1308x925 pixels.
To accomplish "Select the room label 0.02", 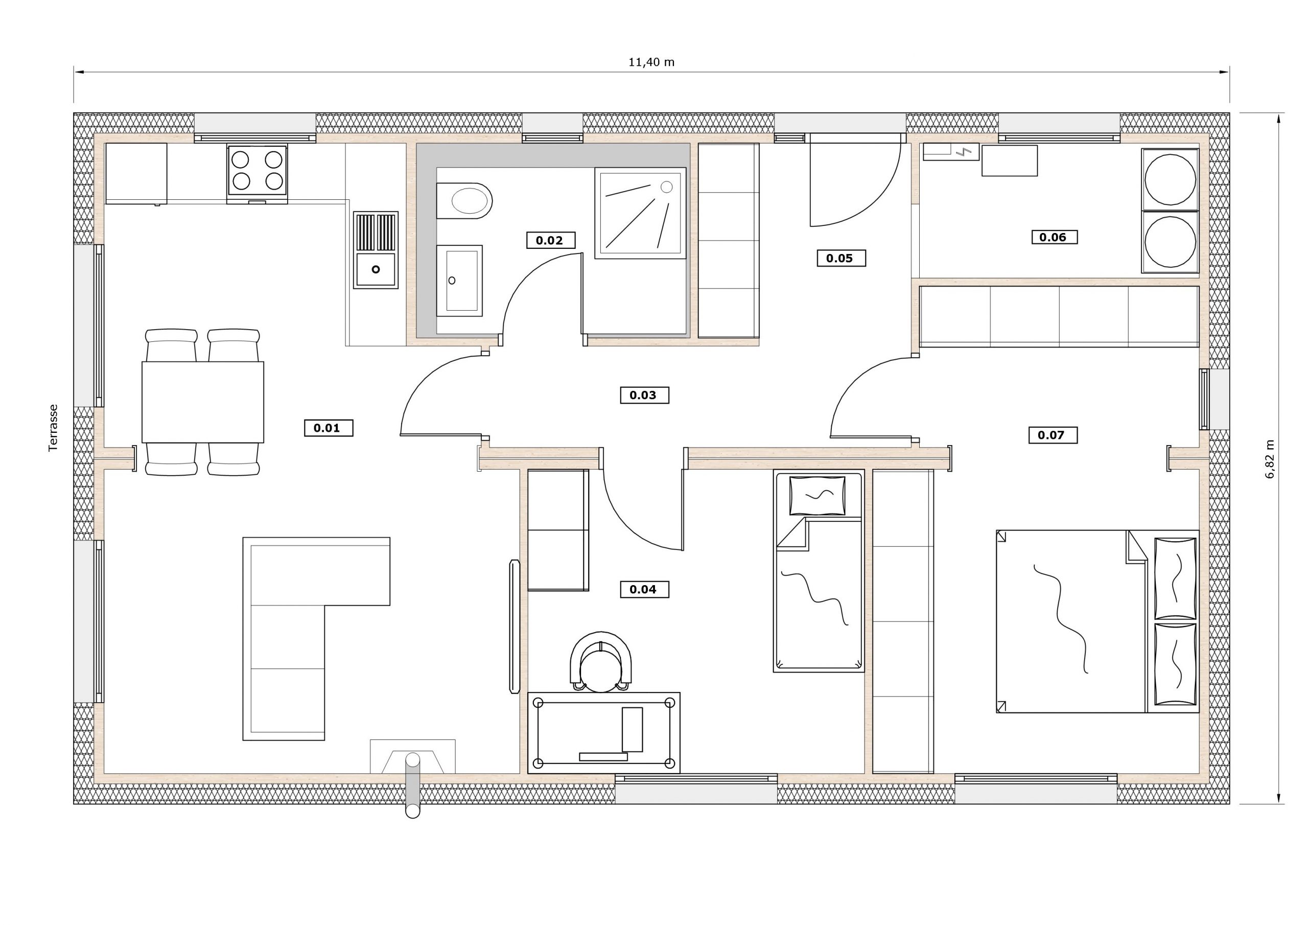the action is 550,240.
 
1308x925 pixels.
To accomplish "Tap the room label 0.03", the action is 644,395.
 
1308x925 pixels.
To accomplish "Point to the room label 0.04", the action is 644,589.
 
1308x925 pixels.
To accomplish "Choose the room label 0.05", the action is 841,258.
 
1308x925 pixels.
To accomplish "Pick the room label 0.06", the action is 1054,237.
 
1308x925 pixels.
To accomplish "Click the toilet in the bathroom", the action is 464,201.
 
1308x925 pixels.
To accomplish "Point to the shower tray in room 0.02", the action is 640,213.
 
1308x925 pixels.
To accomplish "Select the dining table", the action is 203,402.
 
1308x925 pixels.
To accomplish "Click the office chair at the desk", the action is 600,662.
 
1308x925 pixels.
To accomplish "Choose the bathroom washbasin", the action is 460,281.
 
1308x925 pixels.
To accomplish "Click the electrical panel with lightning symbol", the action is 951,152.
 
